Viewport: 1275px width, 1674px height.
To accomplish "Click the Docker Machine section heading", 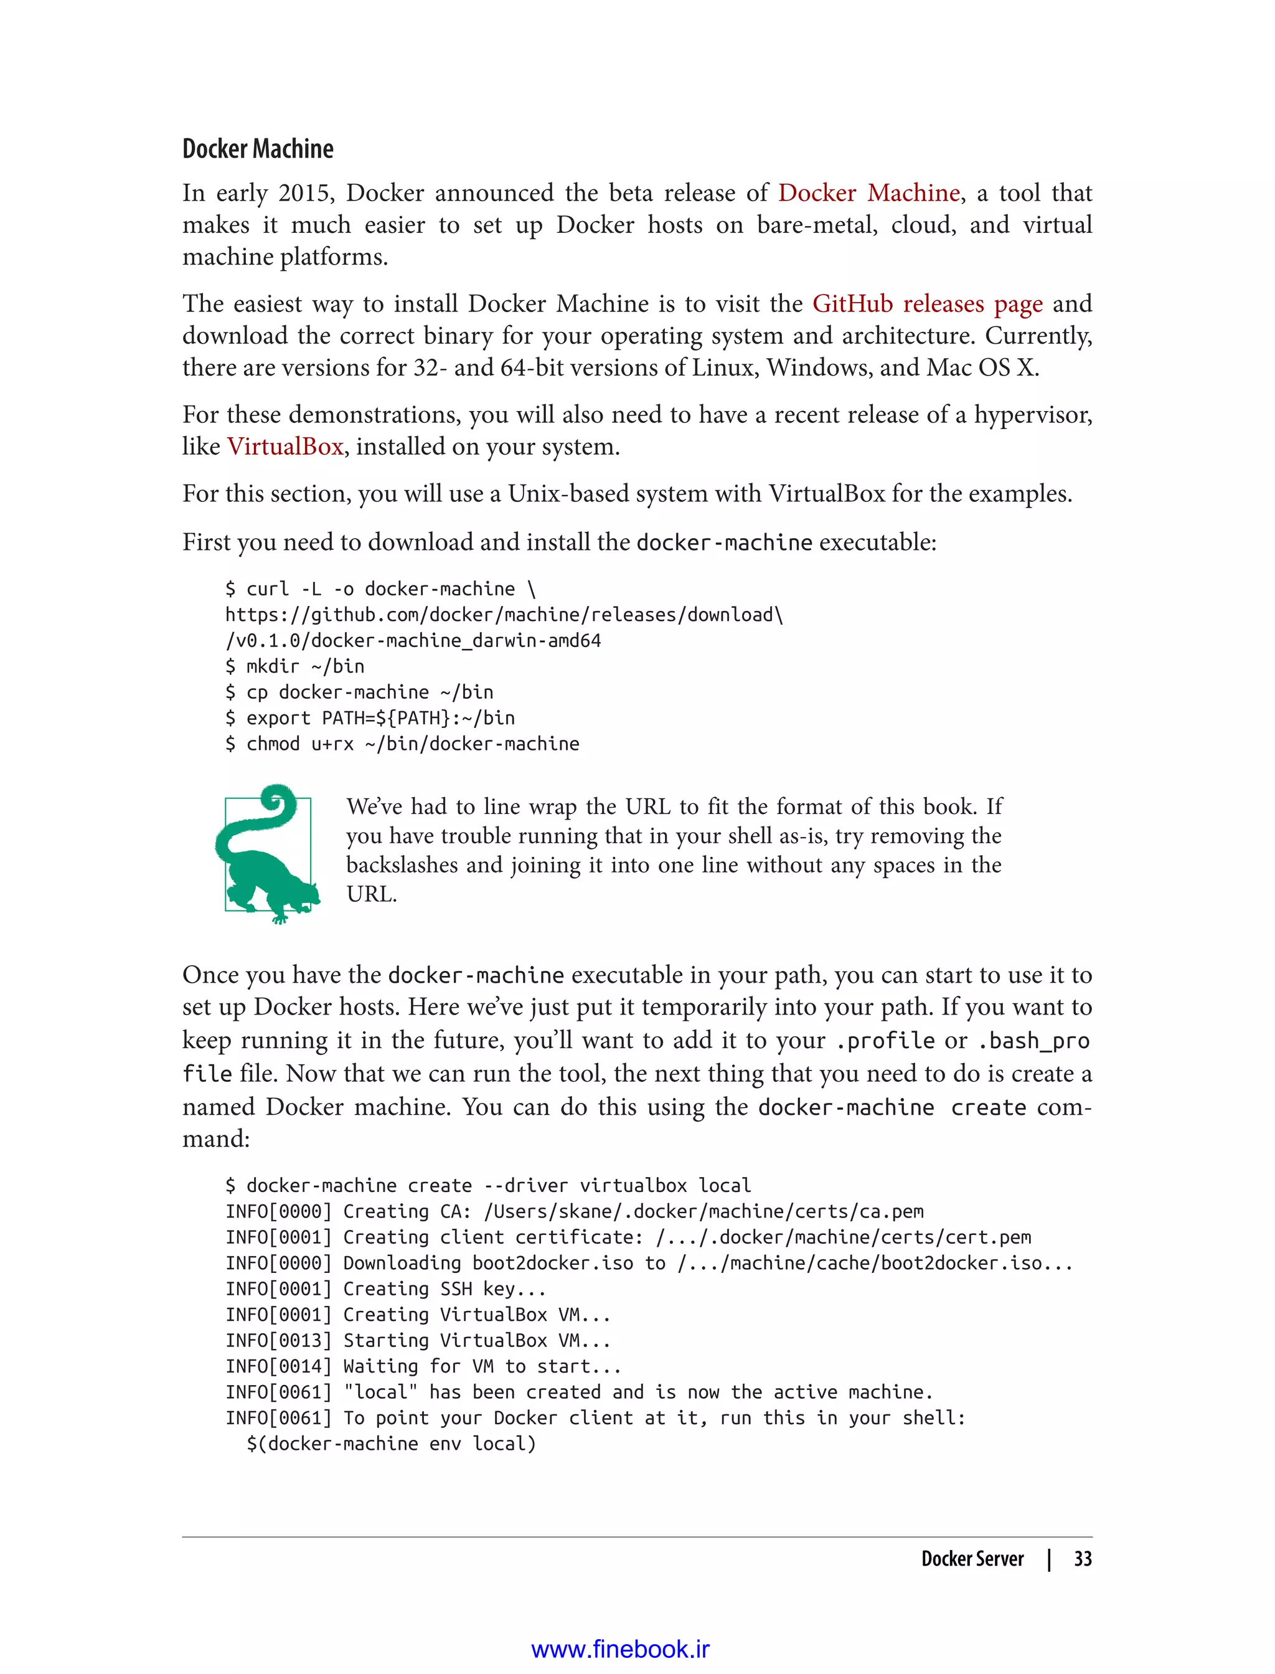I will [257, 149].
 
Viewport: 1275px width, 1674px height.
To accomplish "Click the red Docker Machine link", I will [868, 193].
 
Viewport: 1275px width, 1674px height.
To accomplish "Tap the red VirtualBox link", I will [285, 447].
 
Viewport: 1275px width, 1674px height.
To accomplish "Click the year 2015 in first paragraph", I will [304, 193].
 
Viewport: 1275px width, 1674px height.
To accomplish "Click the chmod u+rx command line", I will [402, 744].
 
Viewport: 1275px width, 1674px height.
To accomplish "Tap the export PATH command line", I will [370, 718].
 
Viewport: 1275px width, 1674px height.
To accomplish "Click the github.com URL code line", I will [503, 615].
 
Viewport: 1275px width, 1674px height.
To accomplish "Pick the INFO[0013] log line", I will [417, 1341].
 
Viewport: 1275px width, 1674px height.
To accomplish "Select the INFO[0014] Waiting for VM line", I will [423, 1366].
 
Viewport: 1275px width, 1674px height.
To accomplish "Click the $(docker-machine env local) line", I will [391, 1444].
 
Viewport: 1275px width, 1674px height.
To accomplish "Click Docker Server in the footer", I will [972, 1559].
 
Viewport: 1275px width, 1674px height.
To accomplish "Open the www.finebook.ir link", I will [620, 1649].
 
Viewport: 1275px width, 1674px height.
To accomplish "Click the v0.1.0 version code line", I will [413, 641].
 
